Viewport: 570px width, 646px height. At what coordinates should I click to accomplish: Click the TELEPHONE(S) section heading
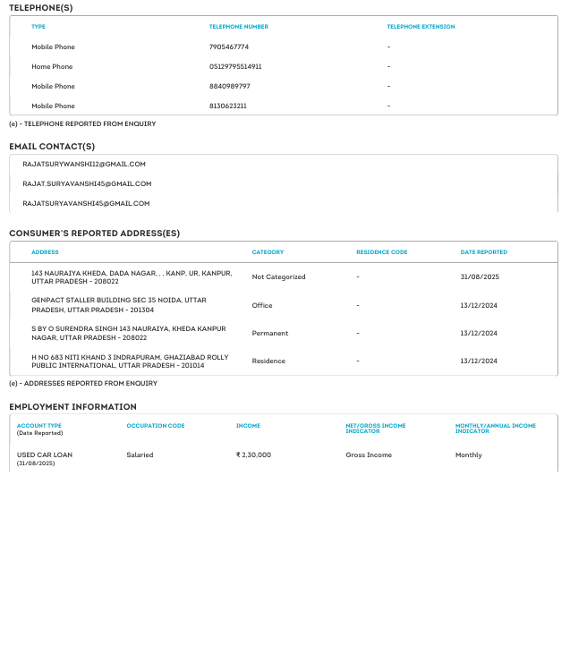[x=41, y=8]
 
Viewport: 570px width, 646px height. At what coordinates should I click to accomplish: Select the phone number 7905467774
[x=229, y=47]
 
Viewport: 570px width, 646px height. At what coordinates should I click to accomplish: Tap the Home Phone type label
[x=52, y=66]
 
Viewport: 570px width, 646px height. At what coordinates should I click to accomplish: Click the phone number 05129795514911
[x=235, y=66]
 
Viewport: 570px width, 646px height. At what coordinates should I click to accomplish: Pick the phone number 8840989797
[x=229, y=86]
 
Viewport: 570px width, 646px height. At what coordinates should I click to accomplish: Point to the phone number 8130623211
[x=228, y=106]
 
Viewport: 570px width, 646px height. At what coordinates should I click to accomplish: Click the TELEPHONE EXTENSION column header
[x=421, y=27]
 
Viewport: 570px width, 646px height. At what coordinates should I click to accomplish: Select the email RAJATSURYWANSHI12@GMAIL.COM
[x=84, y=164]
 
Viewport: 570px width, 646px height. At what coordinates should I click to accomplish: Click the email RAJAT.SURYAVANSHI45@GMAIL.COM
[x=87, y=183]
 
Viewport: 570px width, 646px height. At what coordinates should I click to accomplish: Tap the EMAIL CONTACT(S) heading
[x=52, y=147]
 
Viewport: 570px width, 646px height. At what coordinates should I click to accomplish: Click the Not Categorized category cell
[x=278, y=277]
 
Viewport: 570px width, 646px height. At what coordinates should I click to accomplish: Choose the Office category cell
[x=262, y=305]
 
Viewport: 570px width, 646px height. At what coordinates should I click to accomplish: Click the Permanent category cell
[x=270, y=333]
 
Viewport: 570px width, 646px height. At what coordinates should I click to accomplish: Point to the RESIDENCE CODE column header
[x=381, y=252]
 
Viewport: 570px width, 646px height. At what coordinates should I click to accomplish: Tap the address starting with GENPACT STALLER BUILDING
[x=119, y=305]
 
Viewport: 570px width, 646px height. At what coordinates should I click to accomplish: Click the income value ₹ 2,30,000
[x=253, y=455]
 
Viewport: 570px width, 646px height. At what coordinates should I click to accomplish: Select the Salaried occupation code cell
[x=140, y=455]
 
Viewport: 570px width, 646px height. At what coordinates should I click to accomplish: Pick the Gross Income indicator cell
[x=369, y=455]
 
